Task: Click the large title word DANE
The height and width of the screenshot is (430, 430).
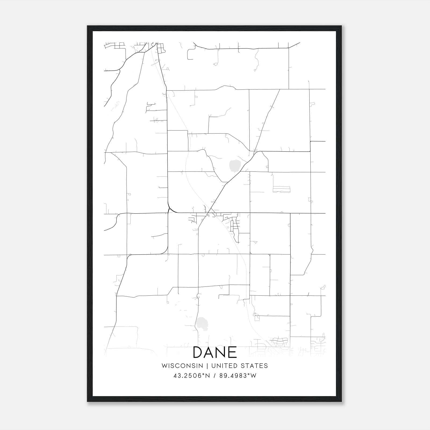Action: coord(215,353)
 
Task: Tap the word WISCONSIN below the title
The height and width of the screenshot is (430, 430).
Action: coord(182,366)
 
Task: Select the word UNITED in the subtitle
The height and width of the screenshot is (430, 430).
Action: coord(224,366)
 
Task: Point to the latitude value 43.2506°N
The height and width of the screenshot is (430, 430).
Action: coord(191,376)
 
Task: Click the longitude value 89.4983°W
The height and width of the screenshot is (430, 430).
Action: coord(238,376)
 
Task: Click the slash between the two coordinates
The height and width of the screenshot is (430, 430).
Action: coord(215,376)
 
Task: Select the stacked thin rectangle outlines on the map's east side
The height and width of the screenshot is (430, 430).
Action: coord(281,189)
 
